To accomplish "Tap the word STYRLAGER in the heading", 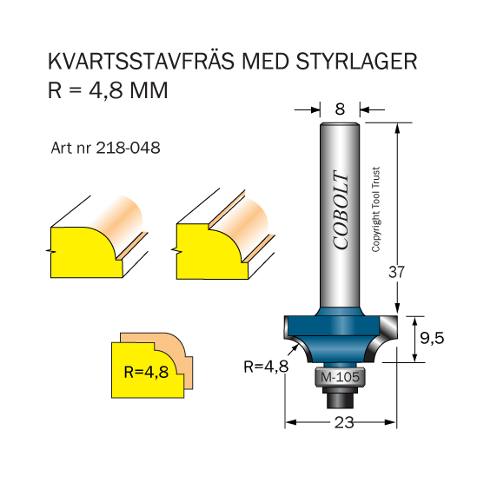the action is [x=356, y=61].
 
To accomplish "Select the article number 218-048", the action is [x=128, y=148].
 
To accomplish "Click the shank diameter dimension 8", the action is [x=340, y=109].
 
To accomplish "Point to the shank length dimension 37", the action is [x=396, y=272].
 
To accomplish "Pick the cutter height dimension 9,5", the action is [x=432, y=339].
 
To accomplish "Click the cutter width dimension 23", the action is [x=344, y=422].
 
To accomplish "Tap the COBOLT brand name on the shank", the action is [x=341, y=210].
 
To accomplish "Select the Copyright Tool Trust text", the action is [x=375, y=209].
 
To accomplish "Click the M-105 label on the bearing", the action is [x=340, y=377].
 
